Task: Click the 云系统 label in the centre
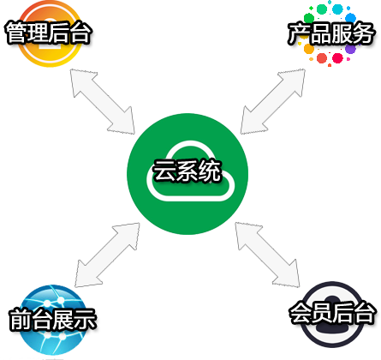(188, 171)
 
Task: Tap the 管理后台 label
(49, 33)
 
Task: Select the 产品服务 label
(330, 33)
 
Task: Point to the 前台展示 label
(52, 320)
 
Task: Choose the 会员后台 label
(332, 313)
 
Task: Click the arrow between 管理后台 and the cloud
(103, 101)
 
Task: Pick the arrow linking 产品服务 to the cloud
(273, 101)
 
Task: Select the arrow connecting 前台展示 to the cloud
(107, 255)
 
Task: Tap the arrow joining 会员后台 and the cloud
(267, 255)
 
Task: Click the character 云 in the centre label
(164, 171)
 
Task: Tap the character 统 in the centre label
(210, 171)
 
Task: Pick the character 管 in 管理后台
(16, 33)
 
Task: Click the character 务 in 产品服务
(363, 33)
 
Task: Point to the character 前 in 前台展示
(20, 320)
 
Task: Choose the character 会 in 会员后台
(300, 313)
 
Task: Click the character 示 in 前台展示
(86, 320)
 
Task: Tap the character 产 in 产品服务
(298, 33)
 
